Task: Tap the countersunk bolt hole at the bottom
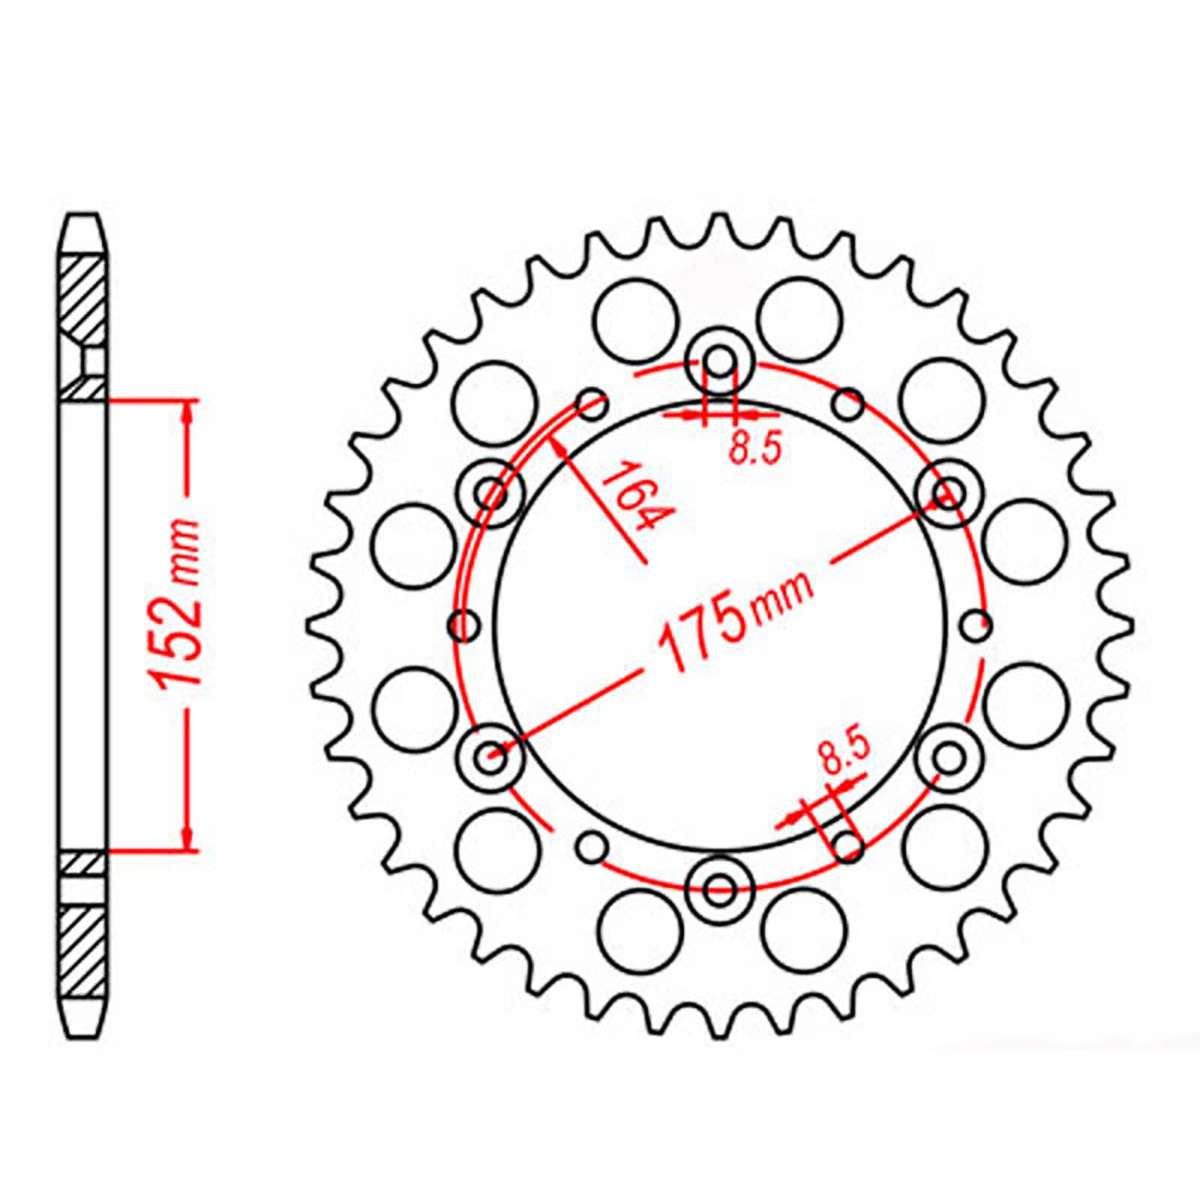pos(720,889)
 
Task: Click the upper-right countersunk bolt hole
pos(949,492)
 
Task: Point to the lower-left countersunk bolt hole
pos(493,758)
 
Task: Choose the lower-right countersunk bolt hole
pos(949,757)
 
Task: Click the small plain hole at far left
pos(463,624)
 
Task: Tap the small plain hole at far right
pos(976,624)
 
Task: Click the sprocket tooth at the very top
pos(720,225)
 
